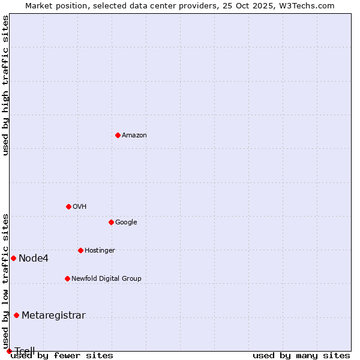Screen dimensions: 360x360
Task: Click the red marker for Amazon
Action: [x=118, y=135]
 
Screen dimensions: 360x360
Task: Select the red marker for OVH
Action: [x=68, y=206]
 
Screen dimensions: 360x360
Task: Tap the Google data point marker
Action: [x=111, y=222]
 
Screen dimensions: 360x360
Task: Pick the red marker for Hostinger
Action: [x=80, y=250]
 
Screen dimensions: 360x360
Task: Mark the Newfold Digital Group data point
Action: [x=67, y=278]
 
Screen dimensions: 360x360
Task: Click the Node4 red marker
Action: [x=13, y=258]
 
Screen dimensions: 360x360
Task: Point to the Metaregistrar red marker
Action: [x=16, y=316]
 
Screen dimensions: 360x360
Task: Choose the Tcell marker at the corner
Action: [x=9, y=351]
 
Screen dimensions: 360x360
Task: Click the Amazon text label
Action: [x=134, y=136]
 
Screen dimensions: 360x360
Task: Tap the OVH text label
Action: [x=80, y=207]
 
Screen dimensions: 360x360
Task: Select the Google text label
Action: [x=126, y=223]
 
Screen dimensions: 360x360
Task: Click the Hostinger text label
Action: [x=100, y=251]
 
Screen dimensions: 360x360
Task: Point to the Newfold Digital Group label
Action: [x=106, y=279]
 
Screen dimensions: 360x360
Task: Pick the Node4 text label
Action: [x=34, y=259]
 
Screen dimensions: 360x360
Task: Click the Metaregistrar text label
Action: [x=53, y=316]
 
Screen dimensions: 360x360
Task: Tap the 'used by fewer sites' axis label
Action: [x=62, y=355]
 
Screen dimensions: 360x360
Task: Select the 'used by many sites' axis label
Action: [x=301, y=355]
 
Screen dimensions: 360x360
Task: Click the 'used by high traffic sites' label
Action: [x=6, y=85]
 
